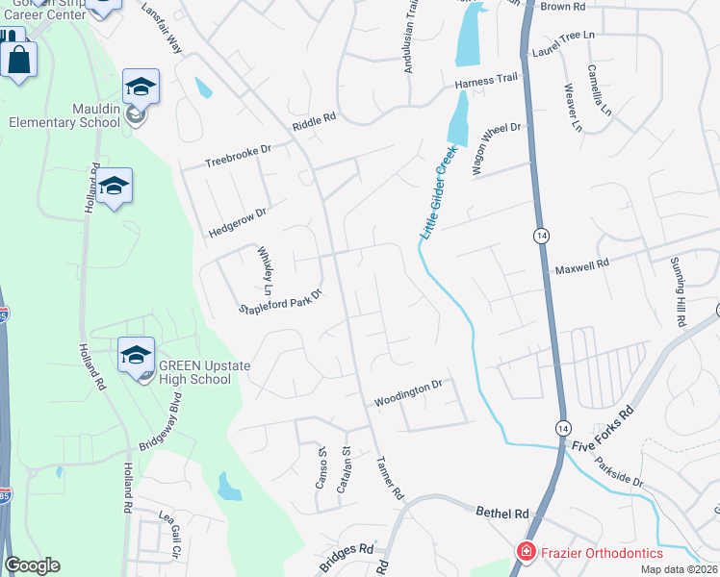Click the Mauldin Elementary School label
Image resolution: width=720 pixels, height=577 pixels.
[64, 115]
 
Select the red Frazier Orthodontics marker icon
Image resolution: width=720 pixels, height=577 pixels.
[526, 553]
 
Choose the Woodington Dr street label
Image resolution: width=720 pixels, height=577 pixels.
[407, 391]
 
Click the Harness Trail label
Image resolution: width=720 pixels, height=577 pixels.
[487, 85]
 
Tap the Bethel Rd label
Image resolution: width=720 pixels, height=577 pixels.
[502, 514]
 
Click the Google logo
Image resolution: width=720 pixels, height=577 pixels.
[32, 565]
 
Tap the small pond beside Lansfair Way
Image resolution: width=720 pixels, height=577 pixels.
[203, 88]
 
